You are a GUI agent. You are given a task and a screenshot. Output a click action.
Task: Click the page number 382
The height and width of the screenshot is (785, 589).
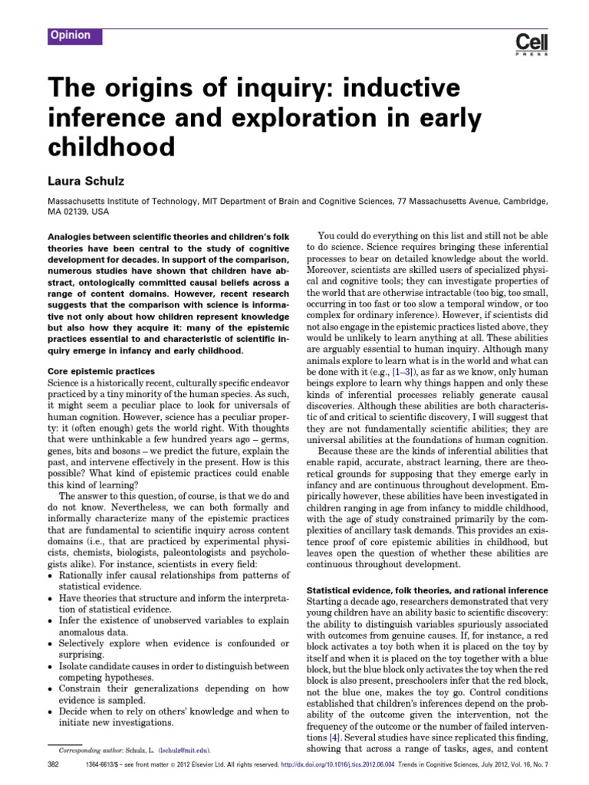pyautogui.click(x=54, y=767)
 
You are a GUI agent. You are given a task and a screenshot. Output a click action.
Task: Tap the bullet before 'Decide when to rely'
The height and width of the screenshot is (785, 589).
pyautogui.click(x=50, y=711)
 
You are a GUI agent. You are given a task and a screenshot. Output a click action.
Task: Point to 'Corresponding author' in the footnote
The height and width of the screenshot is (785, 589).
pyautogui.click(x=84, y=750)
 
